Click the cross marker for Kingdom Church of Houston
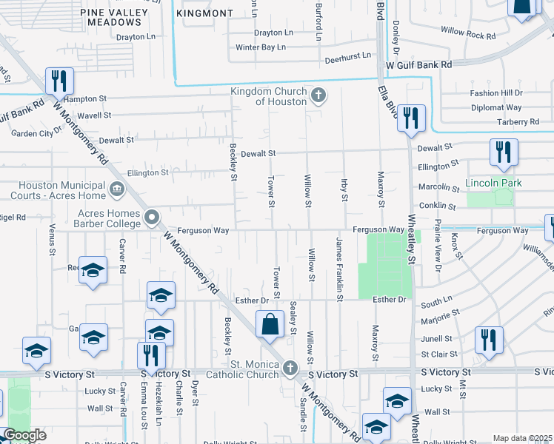coord(318,94)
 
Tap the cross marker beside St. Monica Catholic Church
coord(290,367)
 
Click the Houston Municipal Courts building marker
coord(116,190)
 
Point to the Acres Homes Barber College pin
coord(152,218)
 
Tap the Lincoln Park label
coord(493,183)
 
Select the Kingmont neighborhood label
coord(205,13)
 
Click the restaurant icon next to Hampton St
coord(59,80)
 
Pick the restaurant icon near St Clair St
coord(488,340)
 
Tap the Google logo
coord(24,435)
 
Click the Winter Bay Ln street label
coord(260,47)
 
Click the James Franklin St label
coord(339,269)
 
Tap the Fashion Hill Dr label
coord(496,93)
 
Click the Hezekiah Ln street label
coord(158,409)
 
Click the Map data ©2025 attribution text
coord(522,438)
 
